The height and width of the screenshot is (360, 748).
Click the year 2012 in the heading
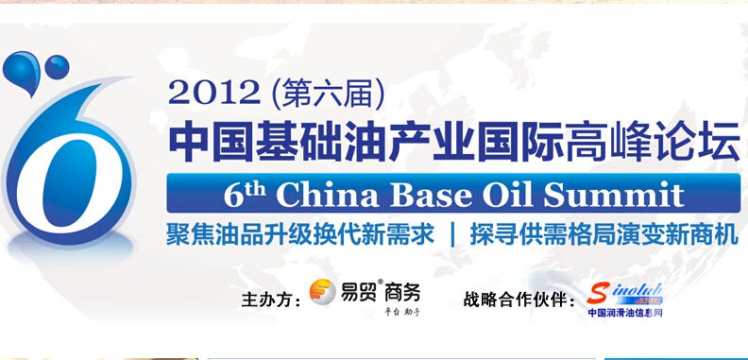[x=213, y=92]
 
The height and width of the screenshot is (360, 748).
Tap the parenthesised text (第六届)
[x=327, y=92]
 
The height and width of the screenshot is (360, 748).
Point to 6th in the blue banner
[x=245, y=194]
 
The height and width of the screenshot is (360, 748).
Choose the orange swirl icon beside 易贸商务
[x=325, y=293]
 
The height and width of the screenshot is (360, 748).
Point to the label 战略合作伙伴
[x=518, y=300]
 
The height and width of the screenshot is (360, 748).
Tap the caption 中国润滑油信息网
[x=625, y=313]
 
